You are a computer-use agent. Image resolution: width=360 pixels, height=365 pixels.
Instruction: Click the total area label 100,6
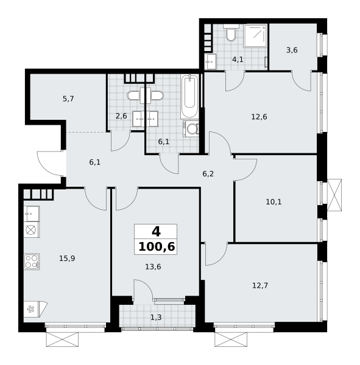[157, 247]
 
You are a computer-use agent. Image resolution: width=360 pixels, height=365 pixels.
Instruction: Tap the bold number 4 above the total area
[156, 232]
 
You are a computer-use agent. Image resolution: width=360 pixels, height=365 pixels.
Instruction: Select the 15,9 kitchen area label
[67, 258]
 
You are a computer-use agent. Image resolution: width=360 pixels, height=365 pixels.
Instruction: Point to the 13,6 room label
[153, 267]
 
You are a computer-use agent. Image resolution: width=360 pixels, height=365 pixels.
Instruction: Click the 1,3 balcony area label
[156, 318]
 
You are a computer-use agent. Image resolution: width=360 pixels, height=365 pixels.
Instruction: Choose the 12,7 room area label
[260, 285]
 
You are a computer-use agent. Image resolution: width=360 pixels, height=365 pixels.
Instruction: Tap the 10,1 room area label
[274, 202]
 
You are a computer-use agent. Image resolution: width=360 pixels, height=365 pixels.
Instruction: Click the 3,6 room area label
[292, 50]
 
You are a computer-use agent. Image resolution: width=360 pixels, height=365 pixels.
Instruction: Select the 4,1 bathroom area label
[238, 60]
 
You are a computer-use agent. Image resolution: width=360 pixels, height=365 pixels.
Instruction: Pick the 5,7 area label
[68, 99]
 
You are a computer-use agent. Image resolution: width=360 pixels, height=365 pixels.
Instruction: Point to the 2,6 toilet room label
[121, 116]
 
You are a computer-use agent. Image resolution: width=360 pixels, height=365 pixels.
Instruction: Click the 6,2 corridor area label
[208, 173]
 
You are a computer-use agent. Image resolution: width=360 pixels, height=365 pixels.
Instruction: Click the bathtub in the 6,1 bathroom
[189, 97]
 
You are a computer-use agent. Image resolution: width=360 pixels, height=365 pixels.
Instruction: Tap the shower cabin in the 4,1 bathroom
[255, 36]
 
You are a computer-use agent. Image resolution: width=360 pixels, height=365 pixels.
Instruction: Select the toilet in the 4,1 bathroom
[231, 33]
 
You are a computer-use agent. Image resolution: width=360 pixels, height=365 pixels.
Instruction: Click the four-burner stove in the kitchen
[32, 262]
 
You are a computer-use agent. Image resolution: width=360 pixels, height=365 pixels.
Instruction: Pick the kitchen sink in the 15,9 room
[32, 214]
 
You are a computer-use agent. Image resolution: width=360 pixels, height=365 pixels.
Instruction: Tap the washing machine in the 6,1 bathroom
[191, 128]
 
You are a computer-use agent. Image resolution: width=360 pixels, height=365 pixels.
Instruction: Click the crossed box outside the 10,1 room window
[334, 195]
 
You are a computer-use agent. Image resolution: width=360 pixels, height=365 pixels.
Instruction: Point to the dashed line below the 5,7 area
[86, 132]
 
